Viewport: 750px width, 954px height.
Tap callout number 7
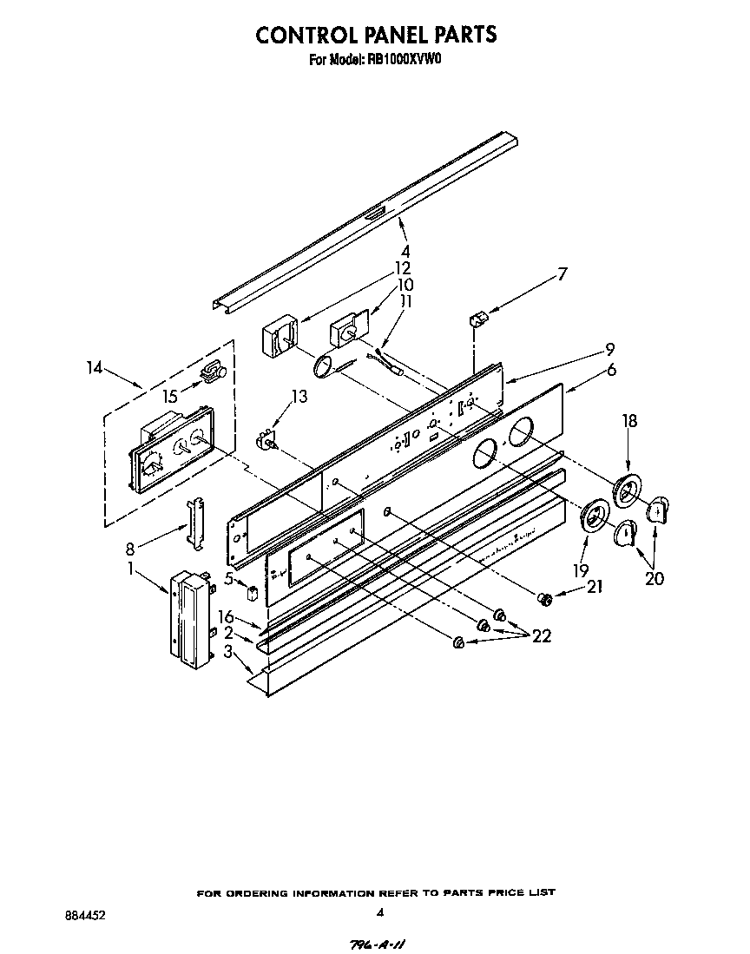coord(562,274)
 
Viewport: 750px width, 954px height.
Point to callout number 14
coord(95,368)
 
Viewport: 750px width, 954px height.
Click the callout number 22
coord(542,635)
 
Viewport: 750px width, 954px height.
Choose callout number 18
coord(629,422)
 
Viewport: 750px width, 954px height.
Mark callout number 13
coord(299,397)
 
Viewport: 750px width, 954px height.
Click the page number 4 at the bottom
coord(379,912)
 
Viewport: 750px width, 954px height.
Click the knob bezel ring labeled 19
coord(594,519)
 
